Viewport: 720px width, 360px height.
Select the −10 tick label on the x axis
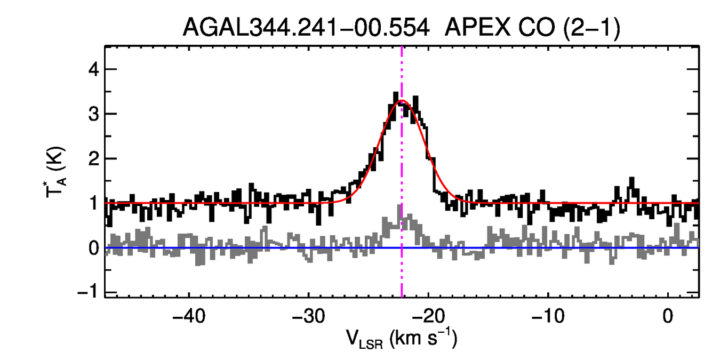pos(548,316)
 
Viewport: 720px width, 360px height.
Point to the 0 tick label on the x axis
pos(668,316)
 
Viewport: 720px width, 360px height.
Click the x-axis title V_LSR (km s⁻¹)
pos(402,339)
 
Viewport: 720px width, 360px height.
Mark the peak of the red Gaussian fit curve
pos(402,100)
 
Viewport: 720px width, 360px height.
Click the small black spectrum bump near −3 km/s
pos(632,181)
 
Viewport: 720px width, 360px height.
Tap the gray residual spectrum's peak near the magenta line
pos(399,207)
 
